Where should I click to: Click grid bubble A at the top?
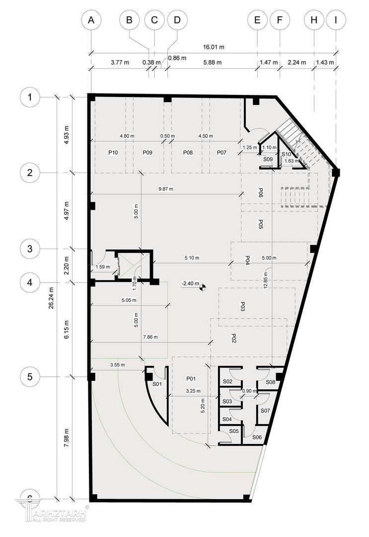(x=91, y=20)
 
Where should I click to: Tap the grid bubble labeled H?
(x=314, y=20)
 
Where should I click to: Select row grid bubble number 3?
(x=30, y=249)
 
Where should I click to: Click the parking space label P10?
(x=113, y=153)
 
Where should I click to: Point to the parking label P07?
(x=221, y=153)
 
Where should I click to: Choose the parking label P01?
(x=191, y=378)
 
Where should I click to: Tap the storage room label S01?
(x=157, y=384)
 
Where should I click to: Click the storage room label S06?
(x=257, y=437)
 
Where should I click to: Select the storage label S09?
(x=268, y=159)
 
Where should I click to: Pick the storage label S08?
(x=271, y=382)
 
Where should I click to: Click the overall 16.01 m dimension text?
(x=214, y=47)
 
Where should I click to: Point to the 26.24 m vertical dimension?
(x=51, y=298)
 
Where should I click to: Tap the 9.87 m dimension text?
(x=166, y=189)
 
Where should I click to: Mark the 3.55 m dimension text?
(x=118, y=365)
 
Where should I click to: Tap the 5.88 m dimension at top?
(x=213, y=62)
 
